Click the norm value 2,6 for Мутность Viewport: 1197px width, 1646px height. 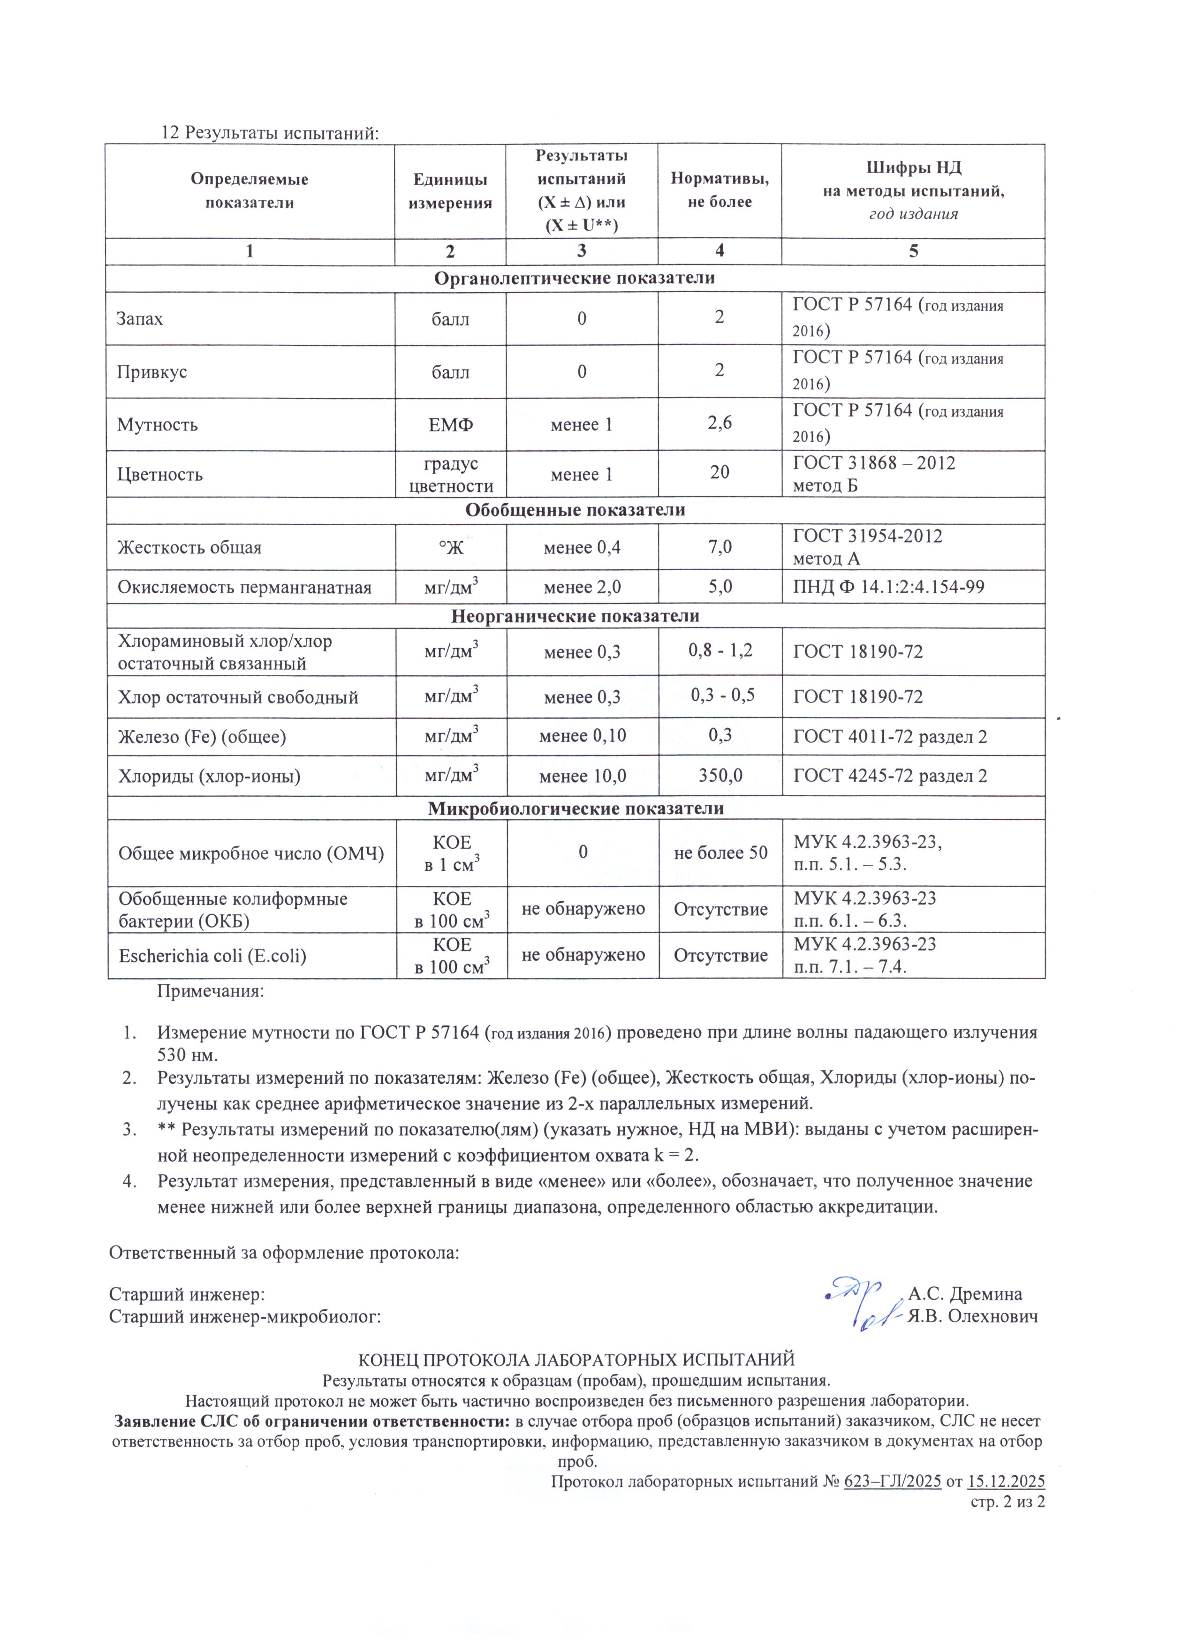(720, 423)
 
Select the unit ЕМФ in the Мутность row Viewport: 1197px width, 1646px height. (450, 424)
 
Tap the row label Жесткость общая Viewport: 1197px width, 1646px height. (189, 547)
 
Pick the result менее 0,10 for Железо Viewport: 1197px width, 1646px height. (582, 736)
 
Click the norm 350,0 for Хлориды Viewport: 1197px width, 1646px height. (720, 776)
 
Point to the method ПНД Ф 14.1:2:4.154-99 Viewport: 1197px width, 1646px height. (888, 586)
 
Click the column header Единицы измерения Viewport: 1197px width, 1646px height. (450, 191)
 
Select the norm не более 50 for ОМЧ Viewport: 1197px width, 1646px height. (720, 853)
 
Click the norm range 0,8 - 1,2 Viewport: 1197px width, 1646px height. (720, 649)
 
